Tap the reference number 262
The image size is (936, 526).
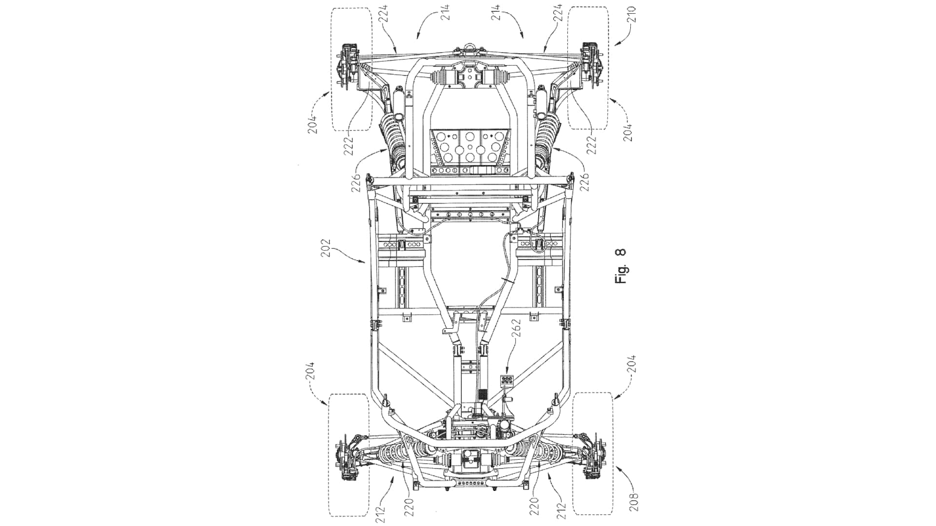pos(517,328)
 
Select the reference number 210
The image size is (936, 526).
pos(632,16)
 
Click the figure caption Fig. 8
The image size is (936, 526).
pos(620,266)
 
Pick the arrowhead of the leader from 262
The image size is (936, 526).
pos(508,371)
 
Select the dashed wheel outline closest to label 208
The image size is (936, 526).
pos(592,454)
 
